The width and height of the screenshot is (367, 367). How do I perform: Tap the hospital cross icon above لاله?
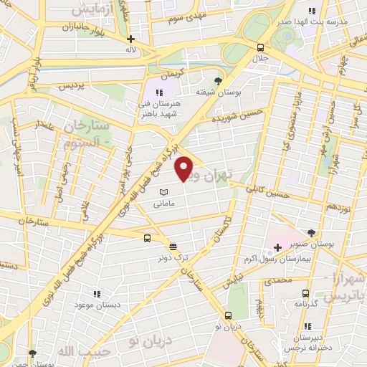[x=130, y=39]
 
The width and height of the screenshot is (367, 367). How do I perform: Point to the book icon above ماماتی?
[x=163, y=193]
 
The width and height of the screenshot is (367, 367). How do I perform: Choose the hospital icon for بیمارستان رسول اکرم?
[x=277, y=247]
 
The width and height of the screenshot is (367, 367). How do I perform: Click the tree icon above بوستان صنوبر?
[x=310, y=234]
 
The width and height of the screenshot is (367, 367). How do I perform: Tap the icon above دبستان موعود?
[x=97, y=294]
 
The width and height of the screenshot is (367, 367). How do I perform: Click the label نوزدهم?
[x=321, y=206]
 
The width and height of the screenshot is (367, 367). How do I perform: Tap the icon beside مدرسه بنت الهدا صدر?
[x=311, y=11]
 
